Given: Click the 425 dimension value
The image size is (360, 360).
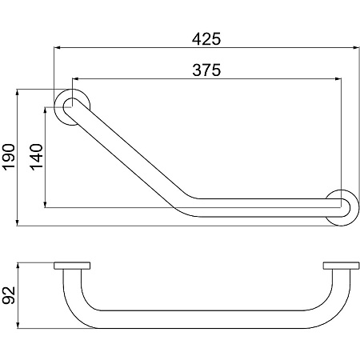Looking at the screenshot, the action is click(x=206, y=39).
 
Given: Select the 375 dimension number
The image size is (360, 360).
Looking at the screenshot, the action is click(x=206, y=70).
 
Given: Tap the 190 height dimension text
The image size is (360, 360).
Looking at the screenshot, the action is click(x=8, y=157).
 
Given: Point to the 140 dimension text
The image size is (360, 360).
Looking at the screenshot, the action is click(x=36, y=157).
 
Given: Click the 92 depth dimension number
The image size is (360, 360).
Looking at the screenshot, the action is click(x=8, y=295).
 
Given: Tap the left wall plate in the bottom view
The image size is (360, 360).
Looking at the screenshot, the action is click(x=72, y=266).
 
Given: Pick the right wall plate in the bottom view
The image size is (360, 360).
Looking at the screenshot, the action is click(x=341, y=266).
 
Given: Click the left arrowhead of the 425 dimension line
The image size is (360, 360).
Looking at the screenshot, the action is click(x=57, y=48).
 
